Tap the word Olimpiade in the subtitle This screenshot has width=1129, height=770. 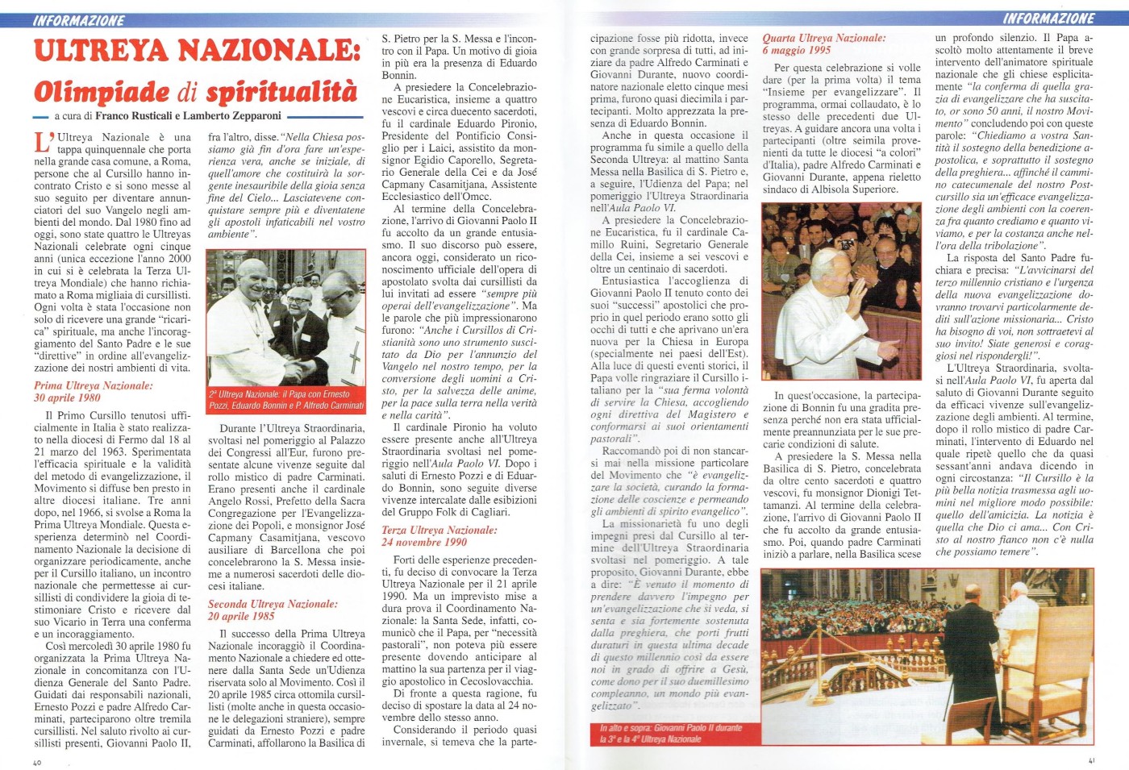coord(102,91)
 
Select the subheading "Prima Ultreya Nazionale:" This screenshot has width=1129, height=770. coord(94,385)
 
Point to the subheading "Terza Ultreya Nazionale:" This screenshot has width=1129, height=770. coord(440,530)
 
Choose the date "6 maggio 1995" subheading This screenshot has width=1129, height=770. coord(797,50)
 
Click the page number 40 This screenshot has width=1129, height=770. coord(37,763)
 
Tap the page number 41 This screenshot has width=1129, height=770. coord(1091,760)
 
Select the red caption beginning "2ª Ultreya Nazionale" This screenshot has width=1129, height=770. coord(286,399)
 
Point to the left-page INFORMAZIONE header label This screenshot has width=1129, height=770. coord(79,20)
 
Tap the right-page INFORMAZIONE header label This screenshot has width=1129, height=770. coord(1048,19)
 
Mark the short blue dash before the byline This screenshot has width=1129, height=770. coord(42,117)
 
